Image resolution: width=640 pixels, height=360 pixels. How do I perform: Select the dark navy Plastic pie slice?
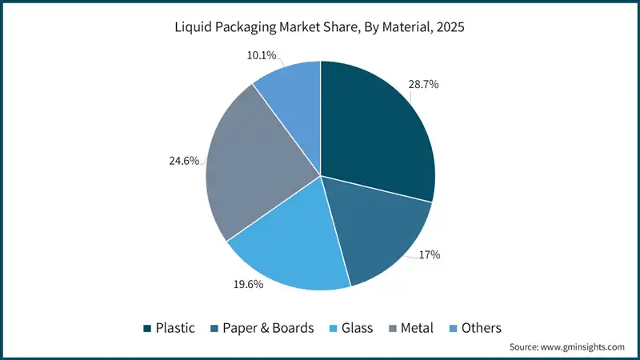[376, 128]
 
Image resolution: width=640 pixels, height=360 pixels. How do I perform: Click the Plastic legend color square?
[148, 328]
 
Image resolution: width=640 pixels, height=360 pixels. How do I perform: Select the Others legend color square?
[453, 328]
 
